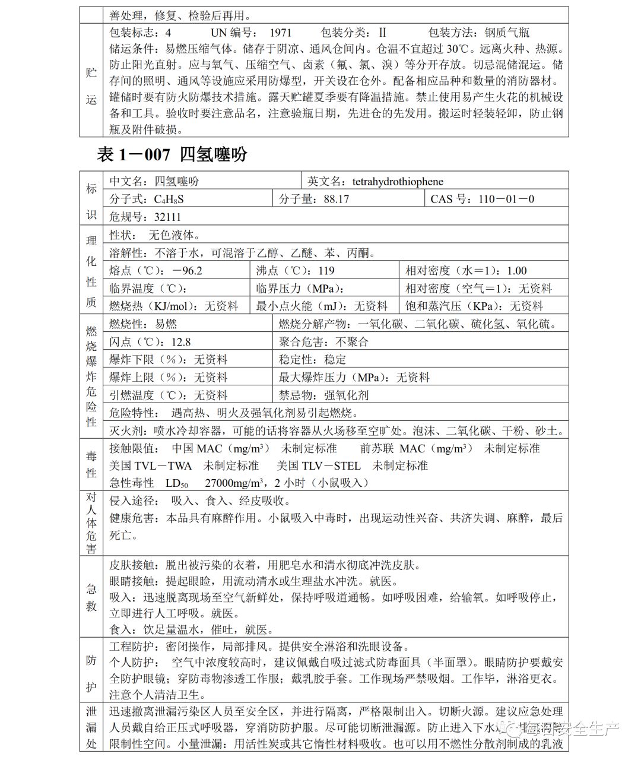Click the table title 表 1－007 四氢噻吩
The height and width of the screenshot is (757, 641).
[x=172, y=155]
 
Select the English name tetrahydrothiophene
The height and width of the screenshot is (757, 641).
[x=398, y=182]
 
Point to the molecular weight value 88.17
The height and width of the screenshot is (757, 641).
[x=337, y=199]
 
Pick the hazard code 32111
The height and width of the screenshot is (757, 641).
[x=167, y=217]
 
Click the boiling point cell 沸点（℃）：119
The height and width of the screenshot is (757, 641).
[x=296, y=271]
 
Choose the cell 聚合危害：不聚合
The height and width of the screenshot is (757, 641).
[x=324, y=342]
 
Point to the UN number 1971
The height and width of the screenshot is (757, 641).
[x=281, y=33]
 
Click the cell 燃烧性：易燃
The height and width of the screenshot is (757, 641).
[x=143, y=324]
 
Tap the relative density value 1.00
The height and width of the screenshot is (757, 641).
[x=517, y=271]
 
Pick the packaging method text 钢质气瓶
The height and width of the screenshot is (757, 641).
[x=507, y=33]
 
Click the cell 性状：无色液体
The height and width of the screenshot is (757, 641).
[x=155, y=235]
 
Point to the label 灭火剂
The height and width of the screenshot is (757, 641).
[x=126, y=431]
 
